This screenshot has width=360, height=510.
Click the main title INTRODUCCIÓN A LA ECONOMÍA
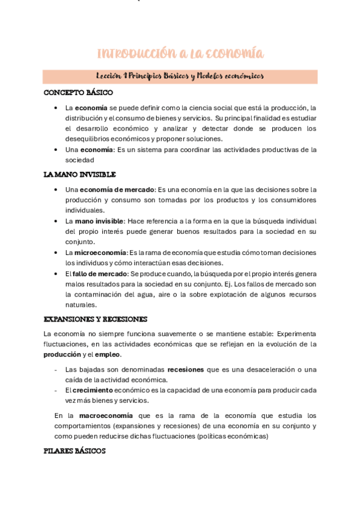pyautogui.click(x=180, y=54)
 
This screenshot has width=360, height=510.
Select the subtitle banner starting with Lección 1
pyautogui.click(x=180, y=76)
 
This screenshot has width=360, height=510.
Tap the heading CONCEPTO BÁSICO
pyautogui.click(x=78, y=93)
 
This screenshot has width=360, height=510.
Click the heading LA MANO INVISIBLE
pyautogui.click(x=79, y=174)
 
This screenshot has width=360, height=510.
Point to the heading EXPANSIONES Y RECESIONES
pyautogui.click(x=96, y=319)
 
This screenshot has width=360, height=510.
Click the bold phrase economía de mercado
pyautogui.click(x=117, y=189)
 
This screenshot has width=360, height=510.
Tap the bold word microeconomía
pyautogui.click(x=100, y=253)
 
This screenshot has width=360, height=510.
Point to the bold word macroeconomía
pyautogui.click(x=106, y=416)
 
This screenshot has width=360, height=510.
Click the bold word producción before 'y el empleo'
pyautogui.click(x=62, y=355)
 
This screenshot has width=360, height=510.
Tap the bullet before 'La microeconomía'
pyautogui.click(x=56, y=253)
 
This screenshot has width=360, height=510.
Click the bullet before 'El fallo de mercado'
pyautogui.click(x=56, y=274)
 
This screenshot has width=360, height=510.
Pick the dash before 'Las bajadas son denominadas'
pyautogui.click(x=56, y=369)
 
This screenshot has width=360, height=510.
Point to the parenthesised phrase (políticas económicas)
pyautogui.click(x=233, y=437)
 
